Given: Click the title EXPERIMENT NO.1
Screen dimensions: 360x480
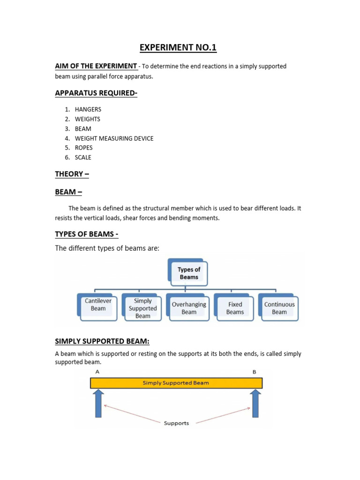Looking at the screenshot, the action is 178,48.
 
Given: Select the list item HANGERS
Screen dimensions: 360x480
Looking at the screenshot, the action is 88,109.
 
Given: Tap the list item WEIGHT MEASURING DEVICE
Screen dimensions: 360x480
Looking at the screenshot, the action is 114,138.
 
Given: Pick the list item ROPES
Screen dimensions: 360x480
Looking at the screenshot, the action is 84,148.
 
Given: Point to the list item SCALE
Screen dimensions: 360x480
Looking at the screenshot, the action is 83,157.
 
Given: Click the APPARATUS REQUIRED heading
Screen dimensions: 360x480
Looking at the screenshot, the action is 96,93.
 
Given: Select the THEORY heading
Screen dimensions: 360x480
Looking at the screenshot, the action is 72,174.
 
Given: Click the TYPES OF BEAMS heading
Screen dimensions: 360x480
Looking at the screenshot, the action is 86,234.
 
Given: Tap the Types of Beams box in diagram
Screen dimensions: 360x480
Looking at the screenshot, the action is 188,273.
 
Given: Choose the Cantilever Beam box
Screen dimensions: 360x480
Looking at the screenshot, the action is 98,305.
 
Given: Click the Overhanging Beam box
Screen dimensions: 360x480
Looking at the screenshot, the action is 189,308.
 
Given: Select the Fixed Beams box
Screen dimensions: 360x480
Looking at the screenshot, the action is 235,308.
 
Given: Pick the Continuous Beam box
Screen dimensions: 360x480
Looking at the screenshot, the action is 279,308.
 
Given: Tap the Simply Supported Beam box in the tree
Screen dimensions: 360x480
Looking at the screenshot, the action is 142,308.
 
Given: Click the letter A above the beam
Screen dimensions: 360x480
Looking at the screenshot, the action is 97,372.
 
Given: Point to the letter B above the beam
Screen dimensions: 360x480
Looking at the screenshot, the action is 255,372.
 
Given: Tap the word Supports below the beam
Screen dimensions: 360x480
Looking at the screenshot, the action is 176,423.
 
